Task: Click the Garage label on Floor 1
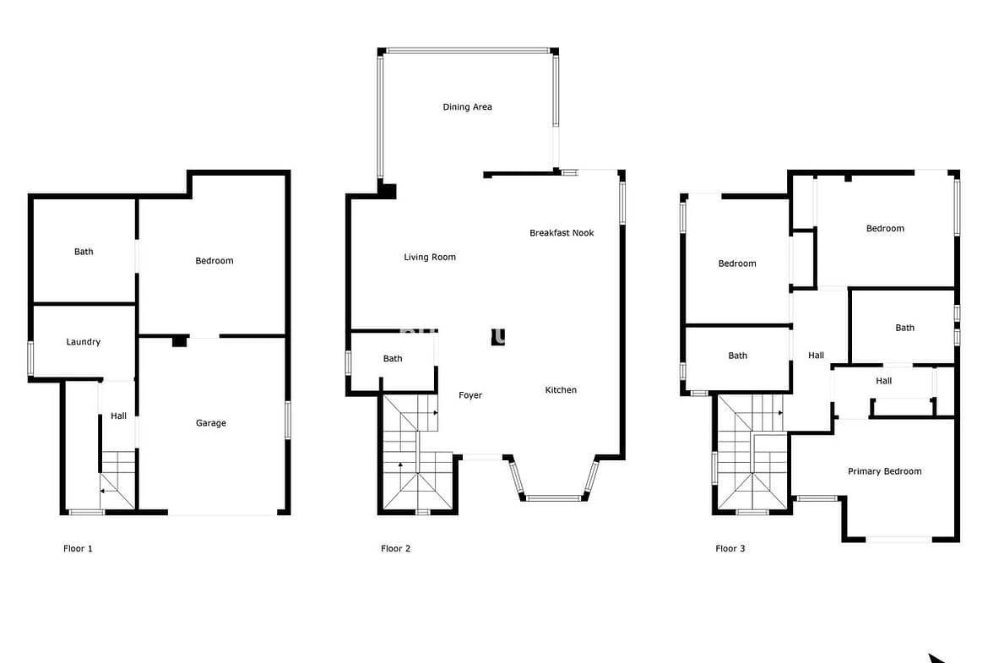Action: (x=211, y=423)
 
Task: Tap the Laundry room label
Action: (x=83, y=341)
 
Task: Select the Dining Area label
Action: (x=468, y=106)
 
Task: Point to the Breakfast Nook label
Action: (x=562, y=232)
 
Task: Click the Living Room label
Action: (x=430, y=257)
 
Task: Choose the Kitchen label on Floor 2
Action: (x=561, y=389)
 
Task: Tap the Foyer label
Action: (x=470, y=395)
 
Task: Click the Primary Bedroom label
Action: (x=885, y=471)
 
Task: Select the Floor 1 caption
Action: (x=79, y=548)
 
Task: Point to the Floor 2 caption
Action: (x=396, y=548)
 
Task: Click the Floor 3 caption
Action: (x=730, y=548)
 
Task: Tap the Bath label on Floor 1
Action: (x=84, y=252)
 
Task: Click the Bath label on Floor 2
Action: (x=393, y=359)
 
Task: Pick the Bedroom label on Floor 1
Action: (x=214, y=260)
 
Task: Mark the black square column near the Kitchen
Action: (x=497, y=337)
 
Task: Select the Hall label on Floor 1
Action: (x=118, y=416)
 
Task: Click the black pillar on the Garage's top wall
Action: (x=180, y=341)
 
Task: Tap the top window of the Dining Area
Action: (x=468, y=51)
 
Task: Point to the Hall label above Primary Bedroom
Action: (x=883, y=381)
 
